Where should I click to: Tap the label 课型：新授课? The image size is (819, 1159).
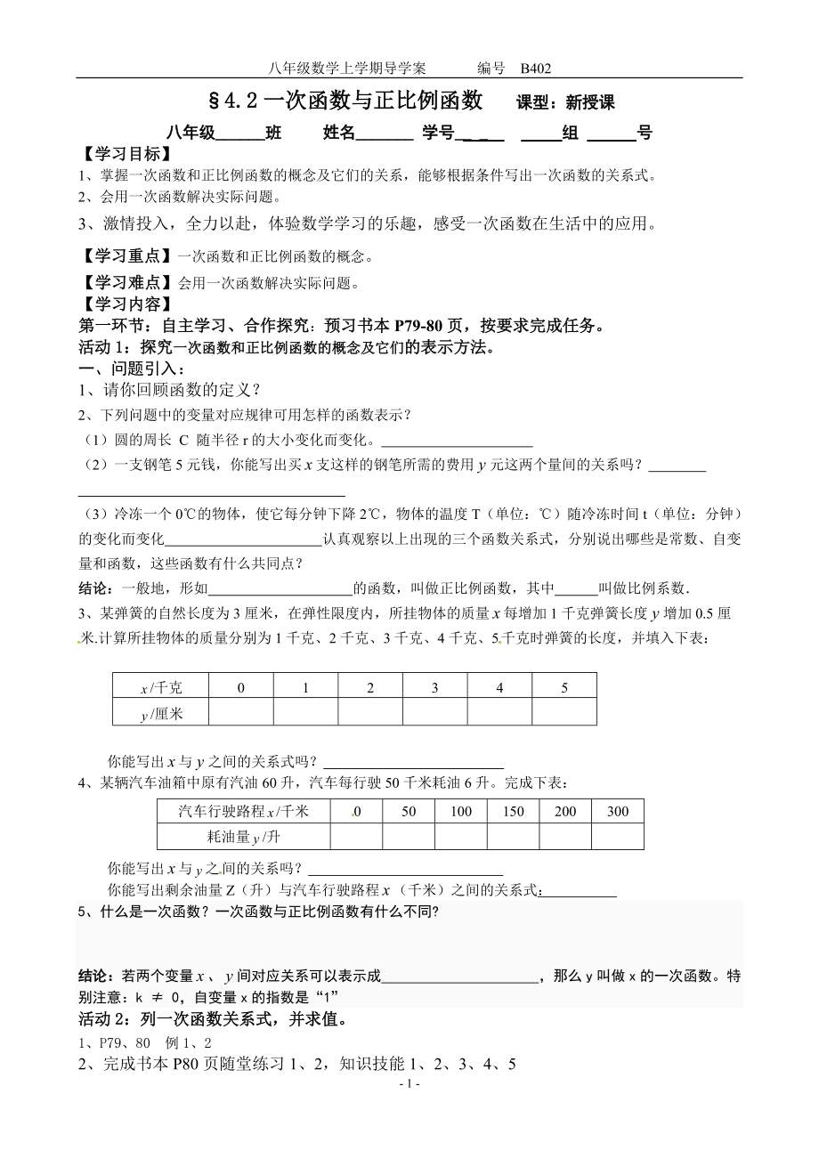[565, 102]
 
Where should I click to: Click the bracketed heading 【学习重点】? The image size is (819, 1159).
[127, 256]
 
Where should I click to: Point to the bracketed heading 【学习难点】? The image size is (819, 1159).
[127, 284]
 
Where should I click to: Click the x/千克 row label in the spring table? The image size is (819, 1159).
[160, 687]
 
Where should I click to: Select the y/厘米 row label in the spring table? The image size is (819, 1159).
[160, 712]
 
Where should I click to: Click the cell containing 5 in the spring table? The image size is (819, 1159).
[564, 687]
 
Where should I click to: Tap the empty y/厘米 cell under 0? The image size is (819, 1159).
[240, 712]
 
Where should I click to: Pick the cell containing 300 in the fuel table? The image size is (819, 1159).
[617, 811]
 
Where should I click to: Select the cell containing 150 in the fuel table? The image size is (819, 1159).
[514, 811]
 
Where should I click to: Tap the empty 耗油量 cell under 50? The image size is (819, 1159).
[409, 837]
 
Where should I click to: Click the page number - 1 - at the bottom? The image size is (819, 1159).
[409, 1084]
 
